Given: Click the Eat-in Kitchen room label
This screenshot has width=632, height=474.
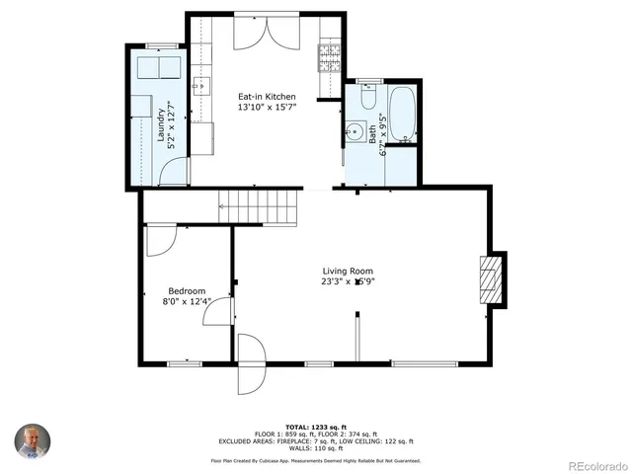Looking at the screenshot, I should [267, 97].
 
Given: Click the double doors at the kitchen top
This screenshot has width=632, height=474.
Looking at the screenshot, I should [263, 33].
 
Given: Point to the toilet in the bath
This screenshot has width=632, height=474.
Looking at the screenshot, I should [367, 97].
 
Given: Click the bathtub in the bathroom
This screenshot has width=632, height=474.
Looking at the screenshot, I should [402, 115].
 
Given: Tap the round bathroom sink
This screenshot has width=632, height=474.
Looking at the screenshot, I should [355, 130].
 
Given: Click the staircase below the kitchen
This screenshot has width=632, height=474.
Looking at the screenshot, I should [259, 207].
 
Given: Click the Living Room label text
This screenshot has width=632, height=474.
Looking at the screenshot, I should [348, 271].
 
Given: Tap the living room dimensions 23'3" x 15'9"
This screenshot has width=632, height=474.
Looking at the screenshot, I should [348, 281].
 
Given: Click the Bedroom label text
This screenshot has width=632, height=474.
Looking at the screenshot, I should [186, 291].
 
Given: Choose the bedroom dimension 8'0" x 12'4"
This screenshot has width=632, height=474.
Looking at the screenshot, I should [186, 302].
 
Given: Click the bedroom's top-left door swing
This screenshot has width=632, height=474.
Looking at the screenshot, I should [160, 240].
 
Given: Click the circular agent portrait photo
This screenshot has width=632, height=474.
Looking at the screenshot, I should [31, 441].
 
